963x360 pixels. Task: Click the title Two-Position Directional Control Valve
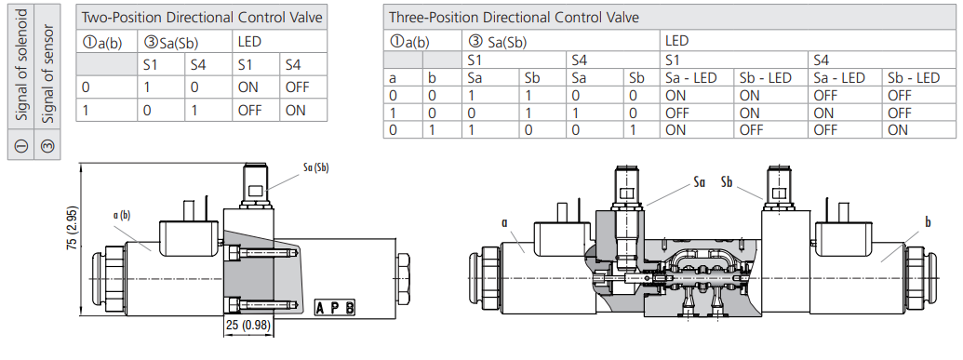point(203,18)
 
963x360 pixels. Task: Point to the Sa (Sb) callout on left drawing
point(315,167)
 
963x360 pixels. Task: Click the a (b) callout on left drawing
point(121,215)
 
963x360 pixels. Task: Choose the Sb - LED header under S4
point(913,78)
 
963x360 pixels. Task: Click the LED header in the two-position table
point(248,41)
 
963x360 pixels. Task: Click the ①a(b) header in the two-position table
point(101,41)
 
